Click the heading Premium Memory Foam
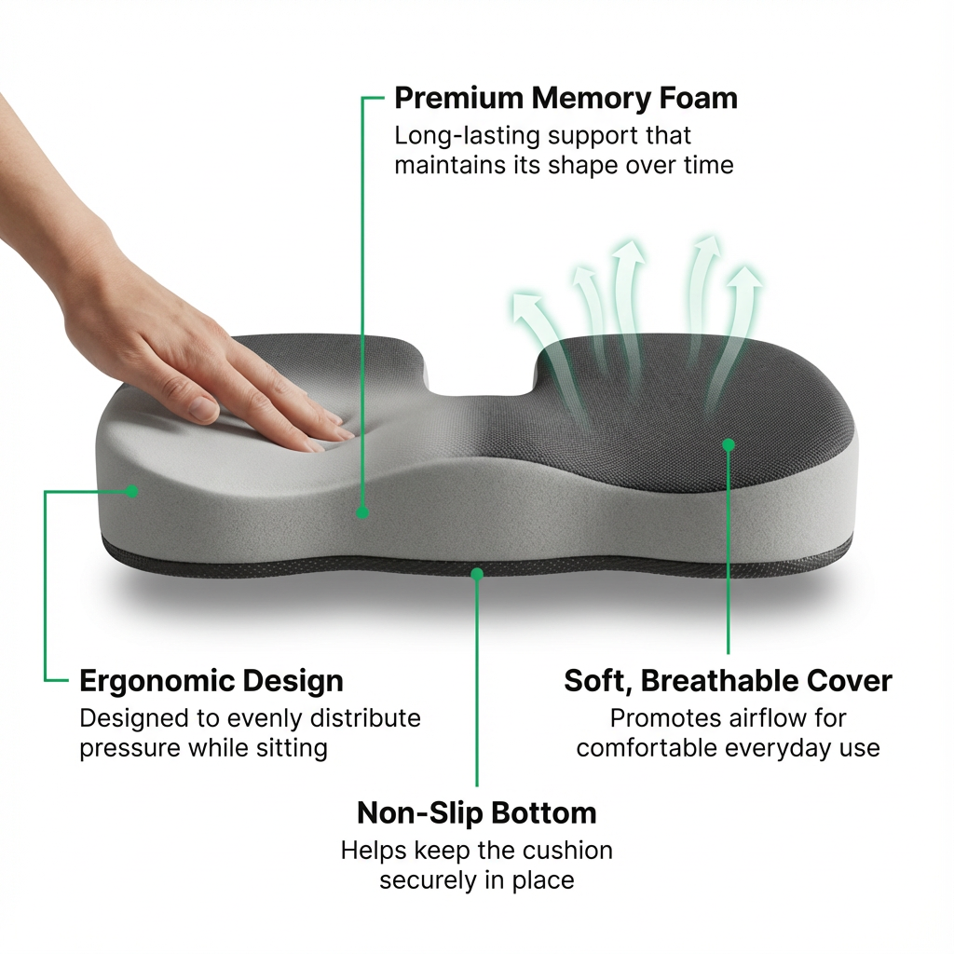(566, 98)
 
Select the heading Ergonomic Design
(211, 681)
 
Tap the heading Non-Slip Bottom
(476, 812)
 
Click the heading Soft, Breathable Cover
(728, 681)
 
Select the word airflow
(770, 718)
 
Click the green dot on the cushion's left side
(132, 490)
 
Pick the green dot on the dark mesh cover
(729, 445)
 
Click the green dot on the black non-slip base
(477, 574)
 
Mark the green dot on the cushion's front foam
(362, 511)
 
